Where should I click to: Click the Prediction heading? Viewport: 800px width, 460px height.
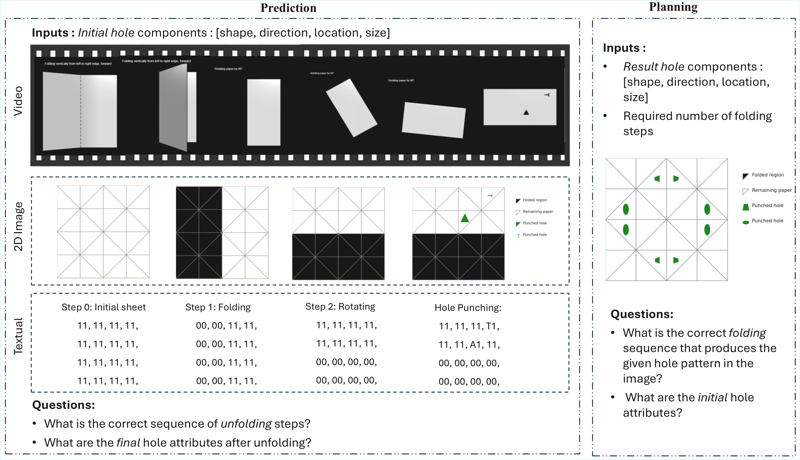[288, 8]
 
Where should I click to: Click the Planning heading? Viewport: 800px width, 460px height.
[673, 7]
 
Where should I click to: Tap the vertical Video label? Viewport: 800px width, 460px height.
[18, 101]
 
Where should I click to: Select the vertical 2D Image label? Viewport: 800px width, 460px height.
[18, 226]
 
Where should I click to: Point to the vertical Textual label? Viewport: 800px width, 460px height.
[18, 336]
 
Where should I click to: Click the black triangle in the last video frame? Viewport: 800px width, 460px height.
[526, 113]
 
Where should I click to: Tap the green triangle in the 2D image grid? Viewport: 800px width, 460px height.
[465, 218]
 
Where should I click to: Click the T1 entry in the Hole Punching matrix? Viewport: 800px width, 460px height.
[492, 326]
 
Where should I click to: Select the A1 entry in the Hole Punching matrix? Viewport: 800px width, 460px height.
[475, 345]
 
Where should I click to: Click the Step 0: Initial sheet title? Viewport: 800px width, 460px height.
[104, 307]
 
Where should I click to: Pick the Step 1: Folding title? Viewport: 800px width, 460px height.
[218, 307]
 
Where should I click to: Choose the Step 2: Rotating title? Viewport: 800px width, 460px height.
[340, 306]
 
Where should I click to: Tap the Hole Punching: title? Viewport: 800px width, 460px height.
[468, 307]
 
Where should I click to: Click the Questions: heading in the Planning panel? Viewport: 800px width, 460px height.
[642, 314]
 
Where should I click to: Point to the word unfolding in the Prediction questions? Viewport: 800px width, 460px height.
[246, 424]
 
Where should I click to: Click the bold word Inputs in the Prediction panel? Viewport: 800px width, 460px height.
[50, 33]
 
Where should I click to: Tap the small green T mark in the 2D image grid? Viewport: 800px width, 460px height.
[490, 195]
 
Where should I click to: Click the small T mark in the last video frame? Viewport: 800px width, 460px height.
[547, 95]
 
